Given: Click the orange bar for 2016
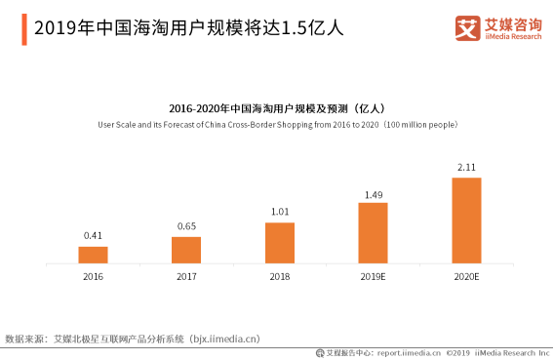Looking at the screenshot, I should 93,254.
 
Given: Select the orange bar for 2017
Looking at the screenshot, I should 186,250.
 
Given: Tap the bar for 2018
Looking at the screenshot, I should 280,243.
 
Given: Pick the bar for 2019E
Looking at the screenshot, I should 373,232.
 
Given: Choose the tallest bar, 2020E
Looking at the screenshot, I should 466,220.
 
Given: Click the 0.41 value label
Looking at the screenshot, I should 93,236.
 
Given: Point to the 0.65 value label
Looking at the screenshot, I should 186,226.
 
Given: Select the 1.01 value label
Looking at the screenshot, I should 280,212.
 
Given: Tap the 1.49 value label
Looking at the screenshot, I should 373,194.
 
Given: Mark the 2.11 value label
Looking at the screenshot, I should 466,168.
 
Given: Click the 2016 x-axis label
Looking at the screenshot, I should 93,277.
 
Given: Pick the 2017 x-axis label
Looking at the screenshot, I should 186,277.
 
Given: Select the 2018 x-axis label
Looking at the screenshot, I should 280,277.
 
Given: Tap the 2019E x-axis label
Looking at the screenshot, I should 373,277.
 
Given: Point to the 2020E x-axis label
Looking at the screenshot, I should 466,277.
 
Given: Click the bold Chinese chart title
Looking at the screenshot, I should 277,108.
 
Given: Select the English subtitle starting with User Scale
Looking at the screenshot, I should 277,124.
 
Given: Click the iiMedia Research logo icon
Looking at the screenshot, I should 467,28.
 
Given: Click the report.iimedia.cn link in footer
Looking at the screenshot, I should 409,352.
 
